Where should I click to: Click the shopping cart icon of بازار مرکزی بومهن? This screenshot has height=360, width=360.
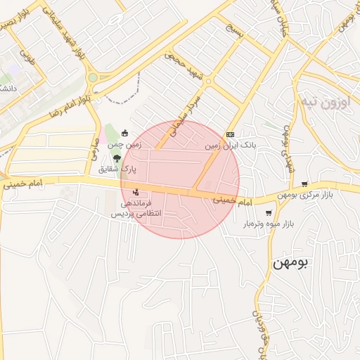304,185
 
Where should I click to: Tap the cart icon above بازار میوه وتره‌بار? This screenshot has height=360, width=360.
268,213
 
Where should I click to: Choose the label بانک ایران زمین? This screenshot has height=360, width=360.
230,146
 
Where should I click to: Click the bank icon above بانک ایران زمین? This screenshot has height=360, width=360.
230,134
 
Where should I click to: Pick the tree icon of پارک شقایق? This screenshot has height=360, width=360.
116,157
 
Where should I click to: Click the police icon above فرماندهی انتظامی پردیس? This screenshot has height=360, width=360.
136,192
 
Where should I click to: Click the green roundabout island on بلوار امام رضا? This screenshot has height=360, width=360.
92,78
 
